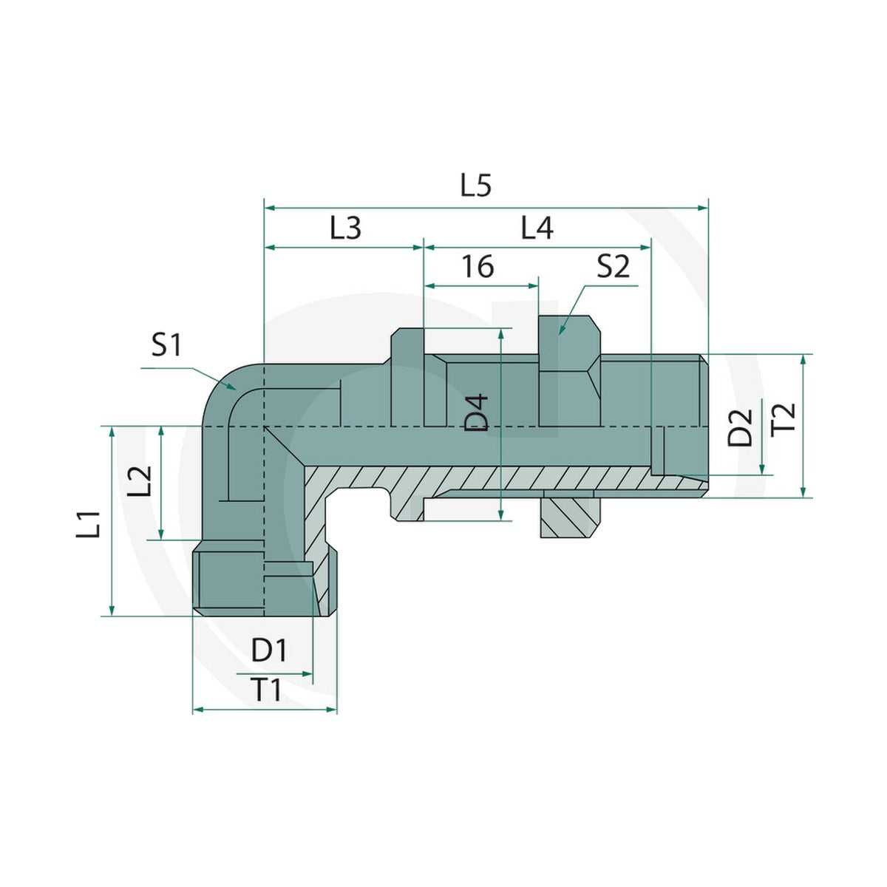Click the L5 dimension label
pos(476,186)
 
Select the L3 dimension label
pos(345,228)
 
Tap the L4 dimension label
pos(537,228)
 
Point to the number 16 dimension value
pos(478,266)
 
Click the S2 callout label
pos(613,266)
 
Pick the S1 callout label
pos(166,345)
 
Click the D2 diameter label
pos(739,428)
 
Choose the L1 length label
pos(88,524)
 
